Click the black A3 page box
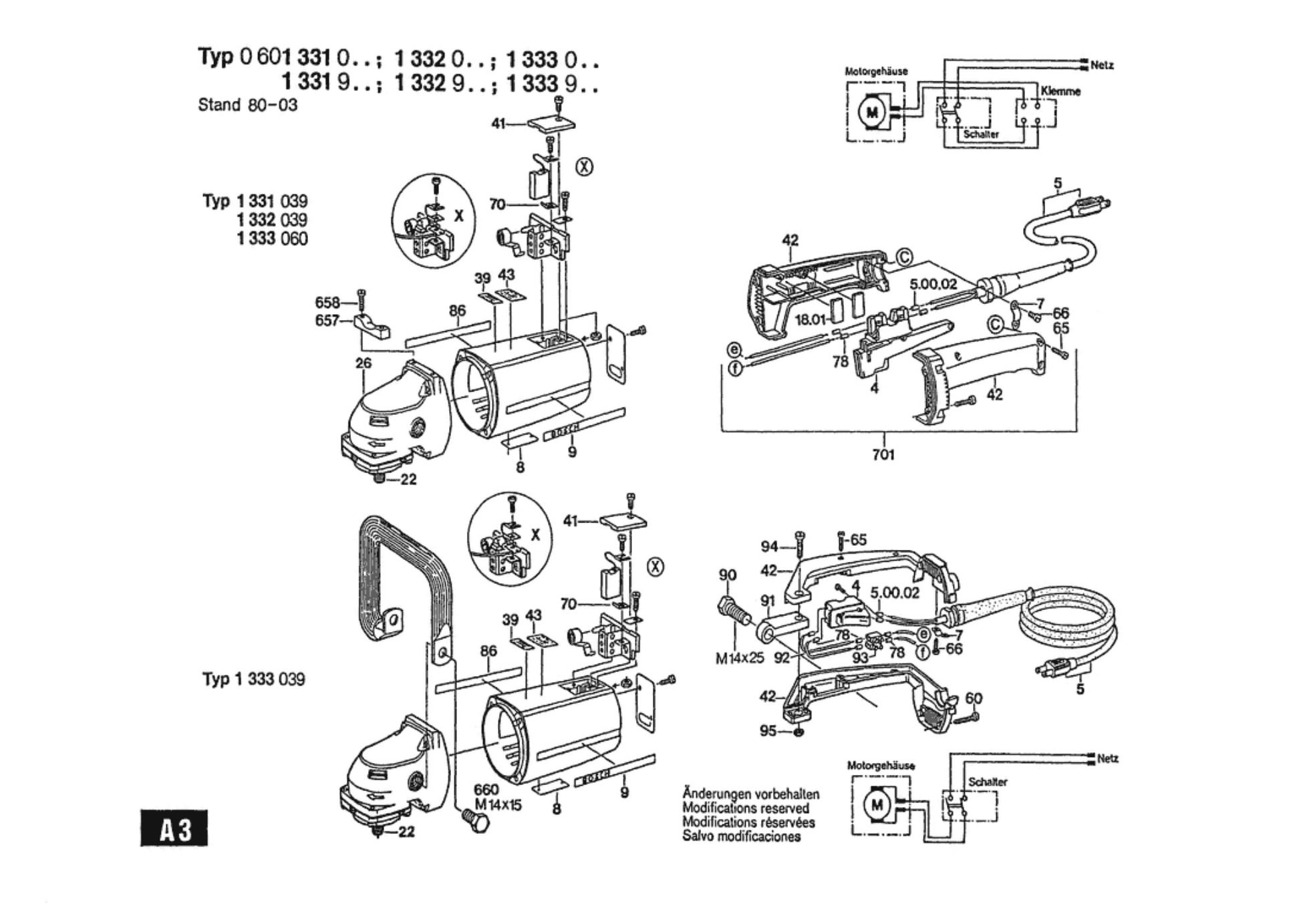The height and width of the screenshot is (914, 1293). pos(174,828)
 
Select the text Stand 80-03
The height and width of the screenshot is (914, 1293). pos(247,105)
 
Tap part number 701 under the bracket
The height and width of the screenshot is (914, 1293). pos(883,454)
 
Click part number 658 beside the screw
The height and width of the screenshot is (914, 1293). pos(327,303)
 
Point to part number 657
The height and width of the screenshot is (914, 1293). pos(327,321)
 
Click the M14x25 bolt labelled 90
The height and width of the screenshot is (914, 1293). pos(732,612)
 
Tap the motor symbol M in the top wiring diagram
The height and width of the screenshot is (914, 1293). pos(871,112)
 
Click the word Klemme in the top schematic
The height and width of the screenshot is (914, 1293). pos(1060,92)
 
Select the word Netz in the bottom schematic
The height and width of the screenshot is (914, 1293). pos(1107,758)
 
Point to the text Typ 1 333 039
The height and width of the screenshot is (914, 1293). pos(254,679)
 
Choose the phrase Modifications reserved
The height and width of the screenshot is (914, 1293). pos(745,808)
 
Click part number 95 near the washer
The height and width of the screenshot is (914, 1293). pos(768,731)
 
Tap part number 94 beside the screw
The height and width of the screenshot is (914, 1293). pos(769,547)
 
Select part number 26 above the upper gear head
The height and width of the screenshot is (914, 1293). pos(363,363)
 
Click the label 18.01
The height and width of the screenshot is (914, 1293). pos(810,319)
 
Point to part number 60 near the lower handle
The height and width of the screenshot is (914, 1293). pos(974,698)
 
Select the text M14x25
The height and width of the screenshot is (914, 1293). pos(739,658)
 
